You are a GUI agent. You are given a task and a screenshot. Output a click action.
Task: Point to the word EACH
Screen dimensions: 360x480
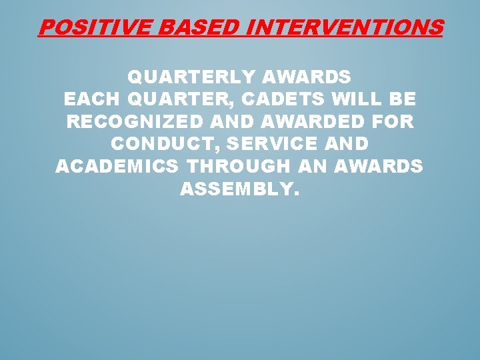coord(90,99)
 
